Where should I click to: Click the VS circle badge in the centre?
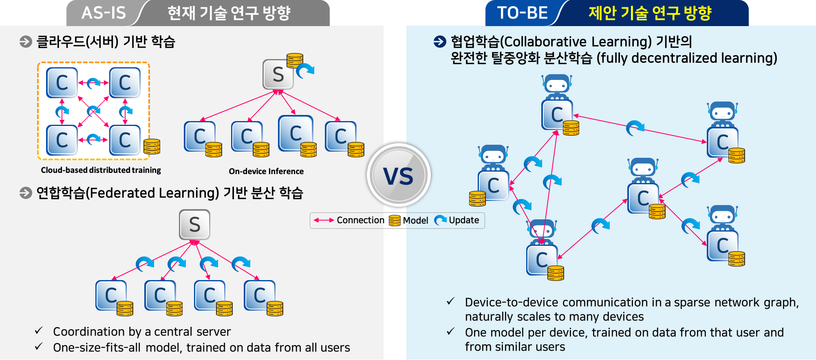click(x=399, y=175)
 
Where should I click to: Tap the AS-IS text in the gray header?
click(x=104, y=13)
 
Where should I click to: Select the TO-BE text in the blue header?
click(x=522, y=13)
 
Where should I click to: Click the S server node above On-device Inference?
click(x=278, y=75)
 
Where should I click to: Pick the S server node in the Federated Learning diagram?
click(x=194, y=225)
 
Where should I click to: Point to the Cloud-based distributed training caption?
click(x=101, y=170)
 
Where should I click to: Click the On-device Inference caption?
click(x=266, y=171)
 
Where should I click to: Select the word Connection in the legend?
click(x=360, y=220)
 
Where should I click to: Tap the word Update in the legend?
click(x=464, y=220)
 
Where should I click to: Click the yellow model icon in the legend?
click(x=395, y=221)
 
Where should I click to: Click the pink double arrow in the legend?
click(x=324, y=220)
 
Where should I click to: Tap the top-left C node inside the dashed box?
click(x=62, y=83)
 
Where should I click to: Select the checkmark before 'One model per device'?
click(x=450, y=331)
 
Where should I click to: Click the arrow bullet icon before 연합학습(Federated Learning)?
click(x=26, y=193)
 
